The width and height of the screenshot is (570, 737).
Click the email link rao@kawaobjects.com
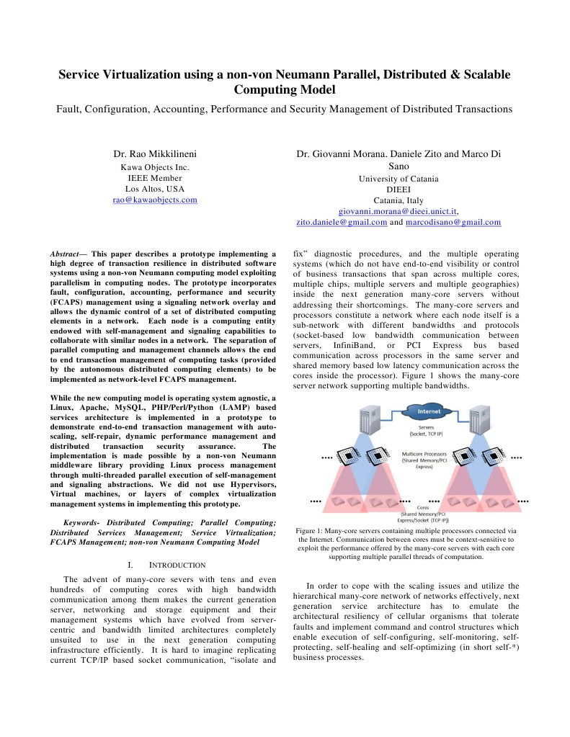[155, 200]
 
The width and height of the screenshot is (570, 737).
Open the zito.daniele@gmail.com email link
[342, 223]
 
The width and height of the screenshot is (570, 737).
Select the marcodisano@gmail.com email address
[453, 223]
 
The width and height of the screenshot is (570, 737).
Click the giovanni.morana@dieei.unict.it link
[398, 211]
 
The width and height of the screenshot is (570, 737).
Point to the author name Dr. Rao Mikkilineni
[155, 154]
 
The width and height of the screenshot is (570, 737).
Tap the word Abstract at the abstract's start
[64, 254]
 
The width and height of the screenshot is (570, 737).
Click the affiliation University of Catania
[398, 179]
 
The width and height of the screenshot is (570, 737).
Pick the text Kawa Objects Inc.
[155, 167]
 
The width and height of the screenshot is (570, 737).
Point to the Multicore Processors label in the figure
[426, 455]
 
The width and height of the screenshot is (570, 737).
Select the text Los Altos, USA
[155, 189]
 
